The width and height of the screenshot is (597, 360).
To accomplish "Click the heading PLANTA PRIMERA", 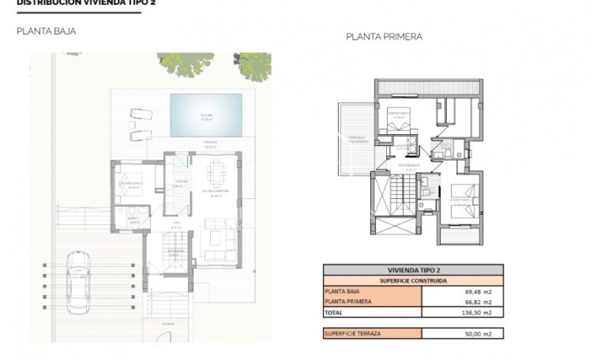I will [384, 36].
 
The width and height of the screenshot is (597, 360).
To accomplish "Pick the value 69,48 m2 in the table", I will [475, 291].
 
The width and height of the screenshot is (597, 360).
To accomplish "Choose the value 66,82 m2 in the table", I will [475, 302].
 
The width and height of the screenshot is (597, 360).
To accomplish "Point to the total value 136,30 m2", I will [474, 312].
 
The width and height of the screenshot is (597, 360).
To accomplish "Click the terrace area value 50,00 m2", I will [475, 334].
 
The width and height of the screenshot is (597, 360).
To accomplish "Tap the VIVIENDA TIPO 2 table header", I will [412, 269].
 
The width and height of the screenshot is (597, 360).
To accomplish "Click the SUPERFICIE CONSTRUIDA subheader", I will [412, 279].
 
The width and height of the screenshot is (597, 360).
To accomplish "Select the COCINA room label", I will [179, 183].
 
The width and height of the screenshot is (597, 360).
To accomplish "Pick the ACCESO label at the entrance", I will [167, 323].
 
